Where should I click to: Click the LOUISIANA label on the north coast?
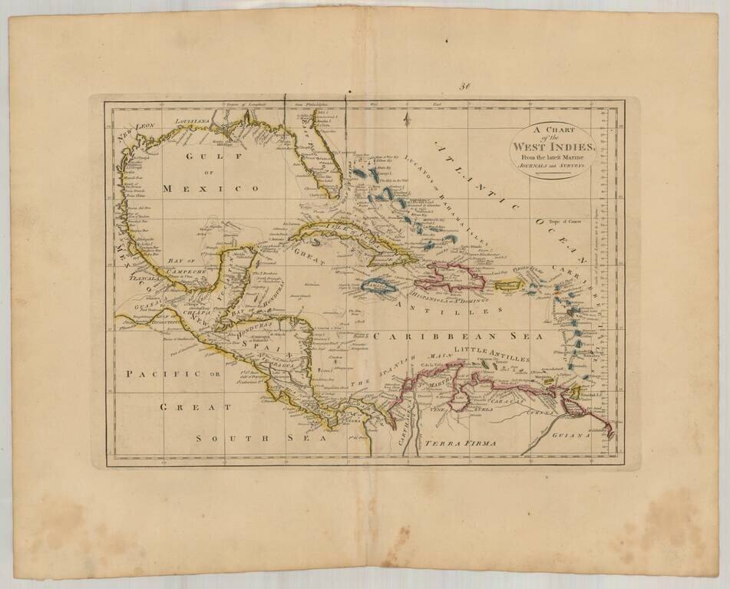click(x=193, y=122)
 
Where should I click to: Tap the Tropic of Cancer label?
click(x=563, y=221)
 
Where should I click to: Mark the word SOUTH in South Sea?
click(x=220, y=438)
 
